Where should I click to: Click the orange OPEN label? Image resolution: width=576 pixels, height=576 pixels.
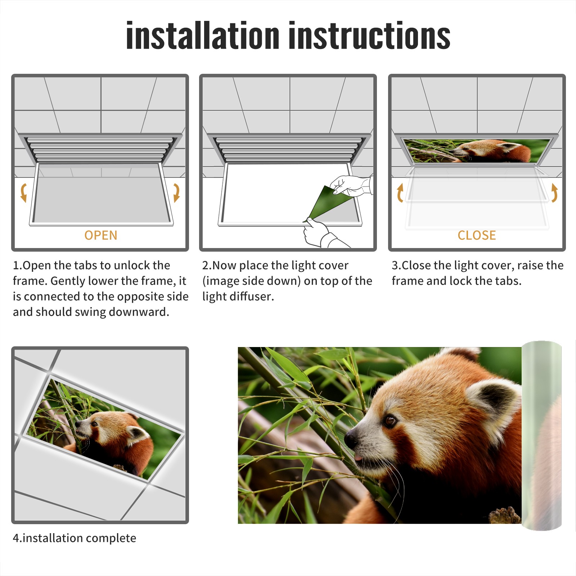101,235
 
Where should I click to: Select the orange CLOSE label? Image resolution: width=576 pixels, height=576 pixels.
477,235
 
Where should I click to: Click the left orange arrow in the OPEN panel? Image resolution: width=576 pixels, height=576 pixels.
24,193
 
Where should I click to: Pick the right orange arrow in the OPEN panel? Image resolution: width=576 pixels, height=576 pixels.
176,193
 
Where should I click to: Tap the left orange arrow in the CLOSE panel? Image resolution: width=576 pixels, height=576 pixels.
400,193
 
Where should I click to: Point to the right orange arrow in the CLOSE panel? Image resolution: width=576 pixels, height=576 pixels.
554,193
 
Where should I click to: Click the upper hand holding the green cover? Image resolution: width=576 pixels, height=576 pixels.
351,185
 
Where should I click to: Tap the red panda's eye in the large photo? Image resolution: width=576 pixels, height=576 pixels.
390,420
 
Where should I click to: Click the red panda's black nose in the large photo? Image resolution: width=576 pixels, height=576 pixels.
351,438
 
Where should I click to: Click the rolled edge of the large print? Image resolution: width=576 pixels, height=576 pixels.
542,436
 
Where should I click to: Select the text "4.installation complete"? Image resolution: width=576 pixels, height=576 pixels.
75,538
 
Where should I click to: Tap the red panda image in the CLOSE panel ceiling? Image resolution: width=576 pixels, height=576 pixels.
477,151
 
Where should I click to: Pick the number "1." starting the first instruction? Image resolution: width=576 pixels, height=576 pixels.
18,265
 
